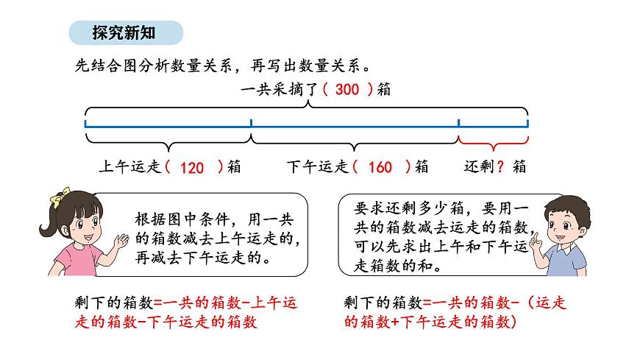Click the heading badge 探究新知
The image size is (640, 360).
point(125,32)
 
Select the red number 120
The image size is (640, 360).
point(191,168)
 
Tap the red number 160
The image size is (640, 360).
point(380,168)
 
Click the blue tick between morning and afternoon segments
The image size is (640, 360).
point(251,123)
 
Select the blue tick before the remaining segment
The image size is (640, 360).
point(459,123)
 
